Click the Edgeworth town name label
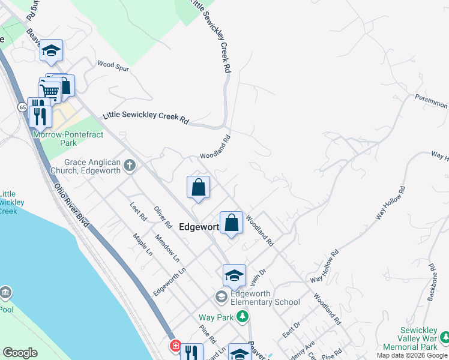coord(199,226)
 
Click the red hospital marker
coord(175,346)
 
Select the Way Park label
coord(215,317)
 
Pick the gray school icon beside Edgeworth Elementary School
coord(221,297)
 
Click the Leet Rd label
coord(138,212)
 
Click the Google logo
coord(20,353)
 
